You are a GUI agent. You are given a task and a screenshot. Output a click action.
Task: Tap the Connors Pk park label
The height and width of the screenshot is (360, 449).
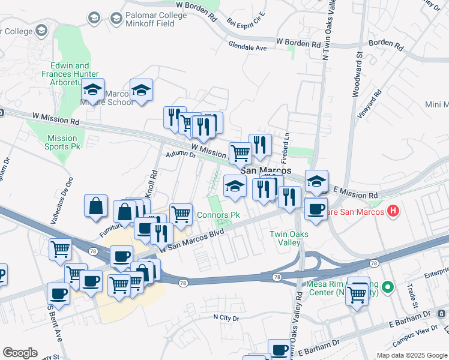pos(218,215)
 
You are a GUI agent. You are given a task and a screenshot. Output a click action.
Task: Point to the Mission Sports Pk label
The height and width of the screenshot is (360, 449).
pos(62,142)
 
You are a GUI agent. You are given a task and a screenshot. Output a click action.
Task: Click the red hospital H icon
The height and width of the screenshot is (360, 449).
pos(393,211)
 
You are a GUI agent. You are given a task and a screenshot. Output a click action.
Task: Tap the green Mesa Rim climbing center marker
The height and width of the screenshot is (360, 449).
pos(388,287)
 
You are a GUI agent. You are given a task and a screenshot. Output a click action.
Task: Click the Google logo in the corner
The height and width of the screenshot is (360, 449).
pos(20,353)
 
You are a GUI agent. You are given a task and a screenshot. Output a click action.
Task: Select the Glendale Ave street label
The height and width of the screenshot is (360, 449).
pos(247,46)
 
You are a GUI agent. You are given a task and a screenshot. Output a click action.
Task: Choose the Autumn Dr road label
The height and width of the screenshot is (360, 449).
pos(180,154)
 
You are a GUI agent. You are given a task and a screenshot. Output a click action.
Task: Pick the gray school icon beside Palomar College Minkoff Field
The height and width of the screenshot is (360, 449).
pos(94,19)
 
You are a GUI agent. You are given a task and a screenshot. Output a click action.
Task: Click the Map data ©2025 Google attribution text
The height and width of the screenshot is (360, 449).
pos(412,355)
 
